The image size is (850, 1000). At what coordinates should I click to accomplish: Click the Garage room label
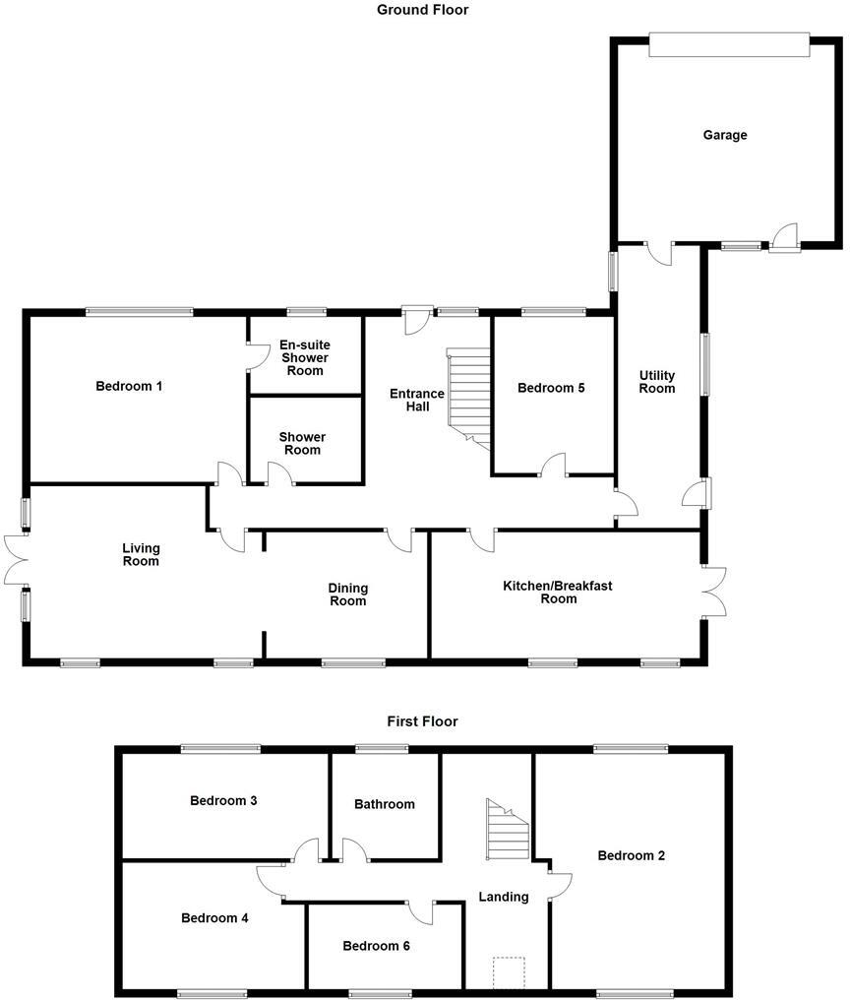click(724, 135)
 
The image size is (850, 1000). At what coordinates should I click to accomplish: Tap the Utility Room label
click(657, 382)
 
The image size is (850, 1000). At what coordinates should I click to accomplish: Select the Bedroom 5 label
click(551, 388)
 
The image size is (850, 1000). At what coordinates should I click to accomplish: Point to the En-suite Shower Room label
click(305, 357)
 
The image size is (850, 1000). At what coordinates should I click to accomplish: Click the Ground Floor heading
click(423, 10)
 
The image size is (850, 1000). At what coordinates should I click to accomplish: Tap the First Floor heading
click(423, 721)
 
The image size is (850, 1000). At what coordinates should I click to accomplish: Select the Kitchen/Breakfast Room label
click(558, 592)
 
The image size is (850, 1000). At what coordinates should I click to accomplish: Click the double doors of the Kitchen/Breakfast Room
click(715, 592)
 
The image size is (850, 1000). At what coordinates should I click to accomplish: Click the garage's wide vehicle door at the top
click(729, 37)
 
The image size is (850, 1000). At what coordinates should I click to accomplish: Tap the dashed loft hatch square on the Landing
click(509, 972)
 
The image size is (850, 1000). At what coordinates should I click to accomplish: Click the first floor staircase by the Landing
click(508, 830)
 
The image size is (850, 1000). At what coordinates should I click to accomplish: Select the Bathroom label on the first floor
click(385, 804)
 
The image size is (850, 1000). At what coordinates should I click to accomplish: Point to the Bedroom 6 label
click(376, 946)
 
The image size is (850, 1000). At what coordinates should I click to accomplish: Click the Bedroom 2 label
click(632, 855)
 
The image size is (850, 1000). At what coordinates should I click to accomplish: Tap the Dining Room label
click(347, 594)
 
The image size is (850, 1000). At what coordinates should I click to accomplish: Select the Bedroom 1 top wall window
click(139, 312)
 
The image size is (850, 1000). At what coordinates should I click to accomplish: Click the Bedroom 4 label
click(214, 918)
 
